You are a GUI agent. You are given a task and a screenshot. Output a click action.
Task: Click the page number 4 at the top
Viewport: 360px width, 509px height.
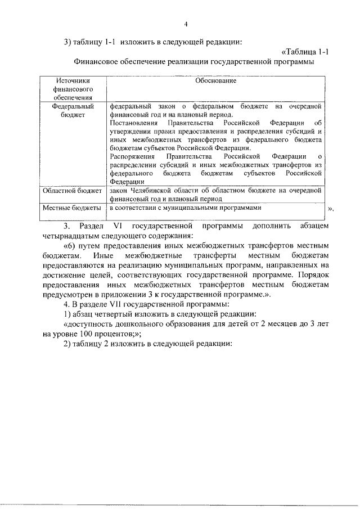click(186, 24)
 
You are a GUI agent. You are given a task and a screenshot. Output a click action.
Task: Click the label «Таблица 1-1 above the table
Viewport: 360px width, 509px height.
click(304, 52)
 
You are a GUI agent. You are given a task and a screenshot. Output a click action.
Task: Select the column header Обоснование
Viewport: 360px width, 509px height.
click(216, 81)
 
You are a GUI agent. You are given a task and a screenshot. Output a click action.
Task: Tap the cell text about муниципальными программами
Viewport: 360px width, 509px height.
click(186, 208)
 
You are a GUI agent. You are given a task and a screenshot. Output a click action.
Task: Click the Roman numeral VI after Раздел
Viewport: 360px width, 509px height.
click(110, 226)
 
